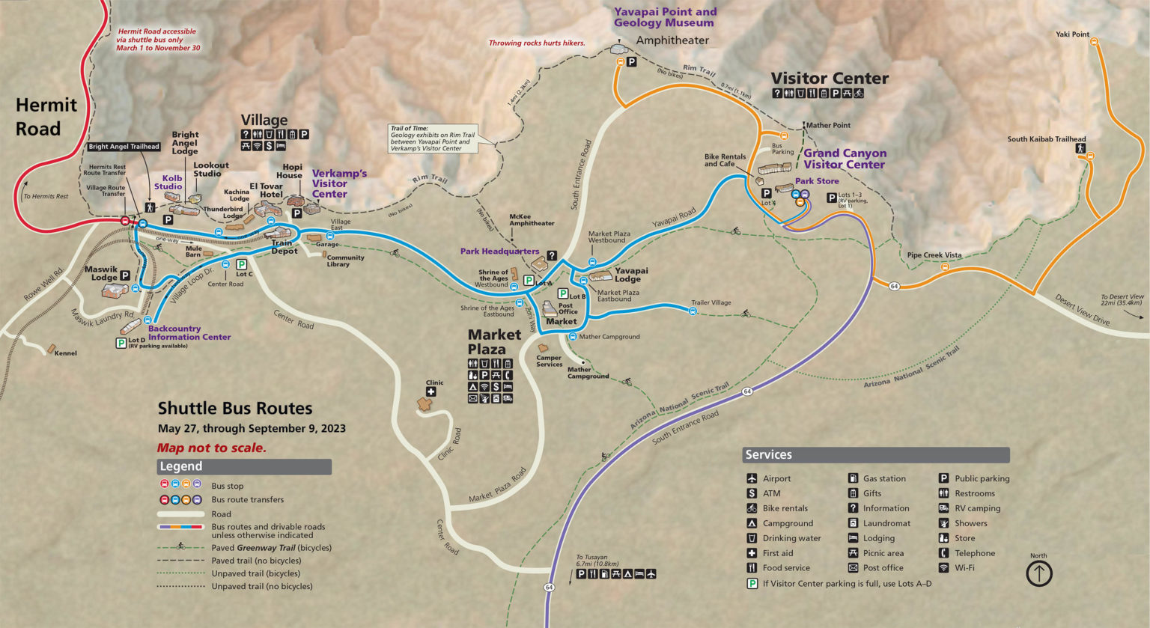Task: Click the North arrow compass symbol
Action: click(x=1038, y=574)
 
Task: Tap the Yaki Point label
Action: click(x=1072, y=34)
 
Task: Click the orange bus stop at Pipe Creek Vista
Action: click(x=945, y=266)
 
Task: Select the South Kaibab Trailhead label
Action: click(x=1046, y=139)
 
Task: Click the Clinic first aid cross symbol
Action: click(x=431, y=391)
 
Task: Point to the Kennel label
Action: click(x=65, y=353)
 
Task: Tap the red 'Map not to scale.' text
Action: click(x=211, y=448)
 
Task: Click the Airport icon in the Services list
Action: click(x=752, y=478)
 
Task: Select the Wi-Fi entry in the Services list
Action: click(x=964, y=568)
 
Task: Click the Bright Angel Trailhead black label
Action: click(x=124, y=147)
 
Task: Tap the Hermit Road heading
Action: click(x=46, y=117)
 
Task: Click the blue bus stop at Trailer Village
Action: click(x=693, y=311)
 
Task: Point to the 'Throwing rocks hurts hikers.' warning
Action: click(x=536, y=43)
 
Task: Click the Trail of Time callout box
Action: click(x=433, y=138)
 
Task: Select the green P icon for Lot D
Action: click(x=121, y=343)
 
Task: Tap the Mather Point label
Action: click(x=828, y=126)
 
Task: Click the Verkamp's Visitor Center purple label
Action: click(x=338, y=183)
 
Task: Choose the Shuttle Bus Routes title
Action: click(x=234, y=409)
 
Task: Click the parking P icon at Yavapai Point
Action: click(x=631, y=62)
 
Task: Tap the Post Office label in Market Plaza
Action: click(x=567, y=308)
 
